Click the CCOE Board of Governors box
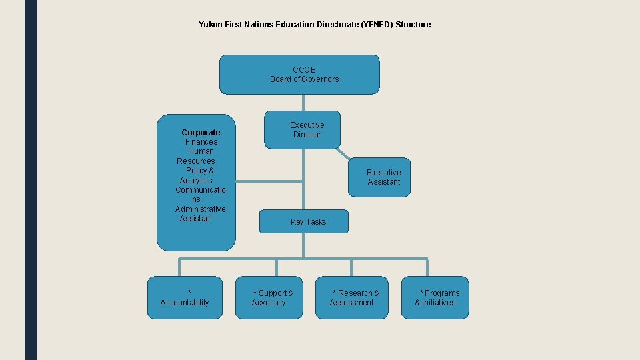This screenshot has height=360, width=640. (x=299, y=74)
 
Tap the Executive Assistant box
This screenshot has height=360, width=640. (x=379, y=177)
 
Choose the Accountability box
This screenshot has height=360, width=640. (x=185, y=297)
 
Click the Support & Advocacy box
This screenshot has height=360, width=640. (x=269, y=297)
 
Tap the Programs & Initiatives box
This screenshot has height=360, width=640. (x=435, y=297)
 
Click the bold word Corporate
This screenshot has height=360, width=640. (x=201, y=132)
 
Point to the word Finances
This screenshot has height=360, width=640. (x=201, y=142)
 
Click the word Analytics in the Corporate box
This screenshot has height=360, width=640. (x=196, y=181)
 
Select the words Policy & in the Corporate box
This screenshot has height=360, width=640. (x=200, y=171)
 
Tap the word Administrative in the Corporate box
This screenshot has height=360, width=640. (x=200, y=209)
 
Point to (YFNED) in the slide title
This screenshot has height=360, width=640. (x=377, y=25)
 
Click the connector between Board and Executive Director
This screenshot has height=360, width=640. (x=303, y=102)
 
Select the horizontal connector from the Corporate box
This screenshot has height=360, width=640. (x=269, y=181)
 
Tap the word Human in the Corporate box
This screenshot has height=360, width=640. (x=201, y=151)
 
